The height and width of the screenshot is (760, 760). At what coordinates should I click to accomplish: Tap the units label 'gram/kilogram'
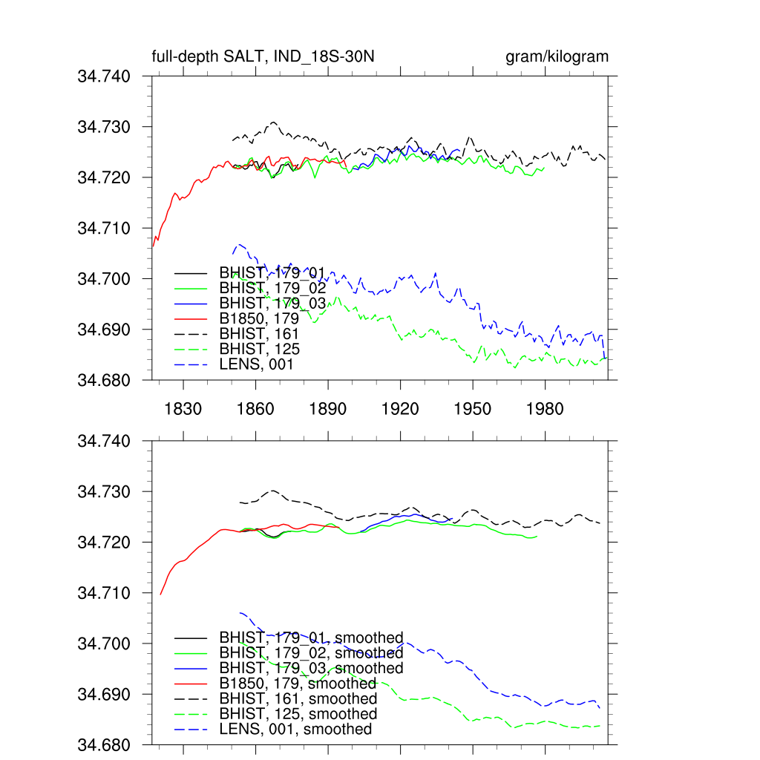point(557,57)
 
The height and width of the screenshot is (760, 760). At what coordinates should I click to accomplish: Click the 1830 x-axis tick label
point(183,409)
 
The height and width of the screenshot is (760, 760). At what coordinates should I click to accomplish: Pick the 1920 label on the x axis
point(400,409)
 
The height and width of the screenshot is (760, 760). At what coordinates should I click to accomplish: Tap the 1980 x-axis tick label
point(545,409)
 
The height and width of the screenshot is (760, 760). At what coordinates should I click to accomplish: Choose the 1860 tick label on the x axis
point(255,409)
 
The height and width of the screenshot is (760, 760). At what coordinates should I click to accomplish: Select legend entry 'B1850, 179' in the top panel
point(259,318)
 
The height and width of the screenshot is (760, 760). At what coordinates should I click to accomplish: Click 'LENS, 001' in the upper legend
point(256,364)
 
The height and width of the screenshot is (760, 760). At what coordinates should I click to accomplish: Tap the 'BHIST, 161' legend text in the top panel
point(259,334)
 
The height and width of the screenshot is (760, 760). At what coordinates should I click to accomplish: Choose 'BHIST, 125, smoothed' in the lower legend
point(298,714)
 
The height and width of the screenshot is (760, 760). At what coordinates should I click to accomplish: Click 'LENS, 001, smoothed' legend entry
point(295,730)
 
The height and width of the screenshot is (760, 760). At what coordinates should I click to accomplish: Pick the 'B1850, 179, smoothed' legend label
point(298,684)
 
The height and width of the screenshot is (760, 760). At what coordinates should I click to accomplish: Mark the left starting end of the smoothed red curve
point(160,594)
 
